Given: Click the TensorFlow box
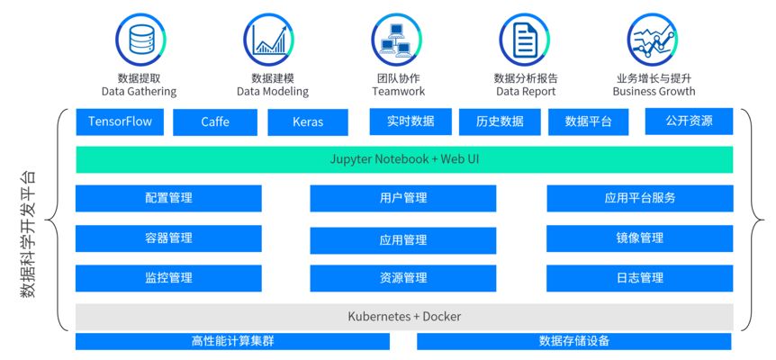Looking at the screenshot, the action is coord(120,121).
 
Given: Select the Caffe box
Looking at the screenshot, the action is coord(215,122).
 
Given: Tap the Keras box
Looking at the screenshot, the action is coord(308,122).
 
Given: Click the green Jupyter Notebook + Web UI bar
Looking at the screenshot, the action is coord(403,159).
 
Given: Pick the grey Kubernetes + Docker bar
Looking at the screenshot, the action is coord(403,317).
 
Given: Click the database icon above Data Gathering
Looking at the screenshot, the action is coord(139,40).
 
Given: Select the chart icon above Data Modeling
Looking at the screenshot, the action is coord(268,40).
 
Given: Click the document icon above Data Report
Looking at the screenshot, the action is coord(525,40).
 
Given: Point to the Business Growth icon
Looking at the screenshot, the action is coord(653,40).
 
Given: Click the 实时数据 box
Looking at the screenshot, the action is coord(410,121).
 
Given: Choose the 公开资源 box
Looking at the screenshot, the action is coord(689,121).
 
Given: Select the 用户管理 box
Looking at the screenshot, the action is coord(402,198).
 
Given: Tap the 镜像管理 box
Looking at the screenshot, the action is coord(639,238).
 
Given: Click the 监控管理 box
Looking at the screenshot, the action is coord(168,278).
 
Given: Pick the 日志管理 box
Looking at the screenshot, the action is coord(639,278).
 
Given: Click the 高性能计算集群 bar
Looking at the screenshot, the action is coord(232,341).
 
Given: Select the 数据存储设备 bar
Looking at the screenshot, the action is coord(573,341).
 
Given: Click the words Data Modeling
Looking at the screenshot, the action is coord(272,92).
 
